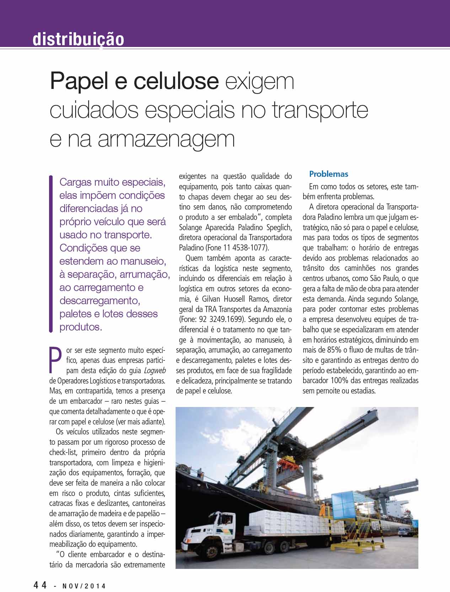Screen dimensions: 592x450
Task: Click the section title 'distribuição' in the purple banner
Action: tap(78, 39)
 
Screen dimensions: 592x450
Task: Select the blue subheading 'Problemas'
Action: tap(328, 174)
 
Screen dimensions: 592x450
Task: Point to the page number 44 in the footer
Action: tap(41, 585)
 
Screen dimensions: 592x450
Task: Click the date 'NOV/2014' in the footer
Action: tap(85, 586)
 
